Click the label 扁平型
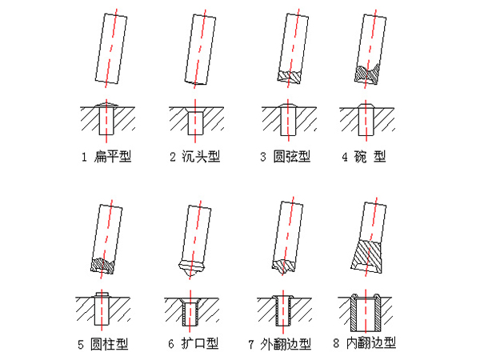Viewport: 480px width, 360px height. click(113, 157)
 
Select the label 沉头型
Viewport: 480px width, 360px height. click(201, 157)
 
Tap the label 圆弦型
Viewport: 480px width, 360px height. click(292, 157)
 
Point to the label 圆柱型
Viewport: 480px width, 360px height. click(110, 344)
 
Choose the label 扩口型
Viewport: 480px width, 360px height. click(199, 343)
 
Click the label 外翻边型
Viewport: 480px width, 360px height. click(286, 344)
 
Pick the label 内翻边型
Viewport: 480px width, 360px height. click(371, 343)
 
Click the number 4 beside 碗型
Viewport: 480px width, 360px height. click(345, 157)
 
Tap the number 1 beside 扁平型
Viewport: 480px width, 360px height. click(84, 157)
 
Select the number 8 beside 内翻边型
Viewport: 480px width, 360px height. click(336, 343)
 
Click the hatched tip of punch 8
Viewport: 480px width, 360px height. click(366, 257)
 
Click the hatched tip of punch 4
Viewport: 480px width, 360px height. click(366, 74)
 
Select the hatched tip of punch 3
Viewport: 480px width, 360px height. click(290, 77)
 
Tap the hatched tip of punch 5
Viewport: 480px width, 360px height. click(102, 266)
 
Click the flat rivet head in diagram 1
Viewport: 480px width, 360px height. click(106, 105)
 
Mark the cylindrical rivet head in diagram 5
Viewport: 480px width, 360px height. click(102, 294)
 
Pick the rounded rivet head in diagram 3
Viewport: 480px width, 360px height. click(288, 106)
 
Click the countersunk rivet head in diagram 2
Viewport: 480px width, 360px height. click(195, 110)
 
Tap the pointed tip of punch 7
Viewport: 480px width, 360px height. click(284, 267)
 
